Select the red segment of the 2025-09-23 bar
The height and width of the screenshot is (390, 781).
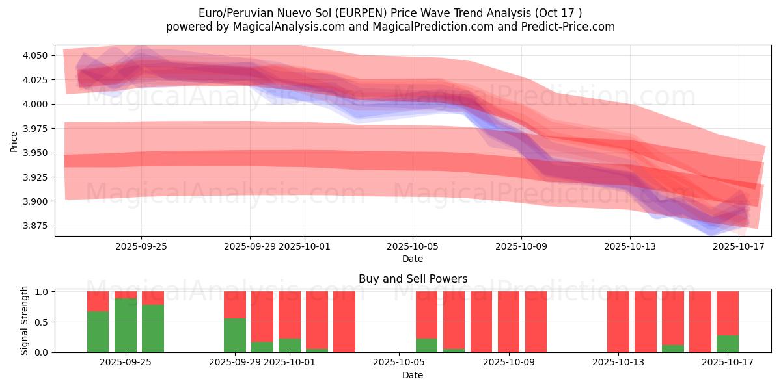tap(98, 301)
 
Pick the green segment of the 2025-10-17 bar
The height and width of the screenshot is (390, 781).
tap(728, 344)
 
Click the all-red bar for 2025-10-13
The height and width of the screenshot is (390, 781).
tap(618, 322)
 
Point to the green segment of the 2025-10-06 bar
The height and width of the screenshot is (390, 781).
tap(427, 345)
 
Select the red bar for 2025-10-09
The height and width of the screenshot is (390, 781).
tap(509, 322)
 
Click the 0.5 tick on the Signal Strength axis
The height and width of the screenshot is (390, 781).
tap(42, 322)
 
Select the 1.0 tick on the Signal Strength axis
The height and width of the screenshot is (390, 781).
tap(42, 292)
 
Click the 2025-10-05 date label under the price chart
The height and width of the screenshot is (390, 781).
tap(412, 247)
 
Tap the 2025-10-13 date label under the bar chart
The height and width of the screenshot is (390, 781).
tap(618, 363)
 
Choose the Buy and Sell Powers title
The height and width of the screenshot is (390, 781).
tap(413, 279)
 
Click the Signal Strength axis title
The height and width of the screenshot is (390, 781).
tap(25, 321)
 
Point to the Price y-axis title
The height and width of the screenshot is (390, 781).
tap(14, 141)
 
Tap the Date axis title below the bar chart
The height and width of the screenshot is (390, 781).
tap(413, 375)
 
